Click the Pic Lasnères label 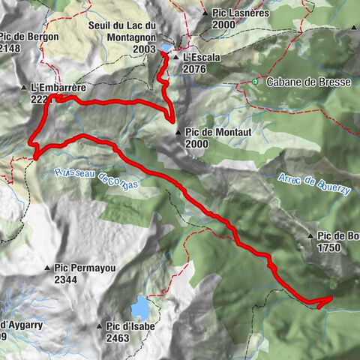[x=241, y=13]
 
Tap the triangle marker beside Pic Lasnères [x=205, y=13]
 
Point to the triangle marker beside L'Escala [x=175, y=57]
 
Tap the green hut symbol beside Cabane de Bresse [x=256, y=81]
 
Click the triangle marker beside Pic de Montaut [x=178, y=132]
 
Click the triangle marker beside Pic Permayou [x=47, y=266]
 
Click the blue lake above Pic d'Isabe [x=139, y=308]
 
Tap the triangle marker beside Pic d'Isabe [x=99, y=326]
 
